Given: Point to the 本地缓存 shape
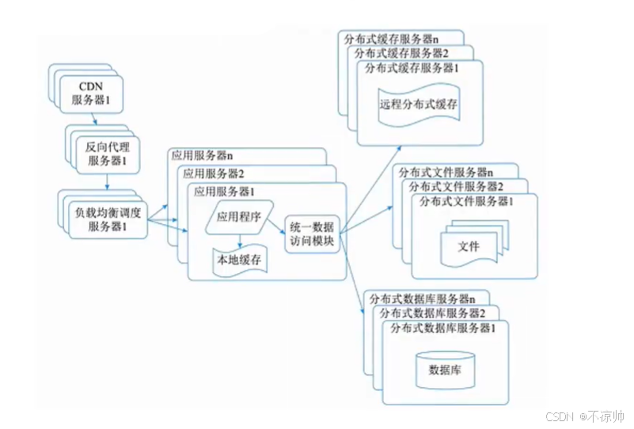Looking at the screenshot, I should click(238, 258).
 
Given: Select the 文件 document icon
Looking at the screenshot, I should click(469, 246).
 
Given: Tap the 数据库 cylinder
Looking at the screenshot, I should click(445, 368).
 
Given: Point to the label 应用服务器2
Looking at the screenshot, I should click(213, 173).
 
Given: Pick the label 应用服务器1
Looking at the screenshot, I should click(225, 192).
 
